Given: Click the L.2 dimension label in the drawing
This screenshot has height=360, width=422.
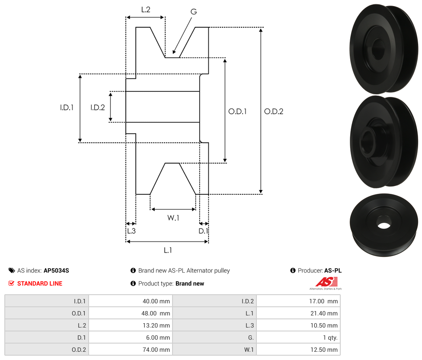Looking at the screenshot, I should tap(145, 9).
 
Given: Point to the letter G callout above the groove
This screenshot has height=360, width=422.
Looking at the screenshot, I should tap(194, 12).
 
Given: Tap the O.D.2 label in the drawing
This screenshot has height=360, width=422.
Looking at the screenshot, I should tap(274, 111).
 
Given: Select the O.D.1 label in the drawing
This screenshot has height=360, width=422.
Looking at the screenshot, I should tap(237, 111).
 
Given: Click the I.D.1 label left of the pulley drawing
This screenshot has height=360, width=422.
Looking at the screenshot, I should tap(67, 107).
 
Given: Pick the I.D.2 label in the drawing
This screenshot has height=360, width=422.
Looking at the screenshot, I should tap(98, 107).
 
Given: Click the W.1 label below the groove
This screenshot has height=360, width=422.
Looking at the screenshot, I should tap(173, 218).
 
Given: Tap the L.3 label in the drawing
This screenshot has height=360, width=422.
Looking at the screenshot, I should tap(131, 231).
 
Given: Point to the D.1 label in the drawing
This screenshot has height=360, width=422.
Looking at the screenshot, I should tap(203, 231).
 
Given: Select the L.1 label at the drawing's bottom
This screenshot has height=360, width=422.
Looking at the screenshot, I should tap(168, 250).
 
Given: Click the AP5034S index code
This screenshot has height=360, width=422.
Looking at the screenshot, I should tap(56, 270).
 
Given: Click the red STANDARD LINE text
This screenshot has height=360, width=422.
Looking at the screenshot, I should tap(40, 283).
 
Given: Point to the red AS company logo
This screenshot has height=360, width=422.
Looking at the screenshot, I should tap(326, 283).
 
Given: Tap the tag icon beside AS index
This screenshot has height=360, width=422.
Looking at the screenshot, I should tap(12, 270).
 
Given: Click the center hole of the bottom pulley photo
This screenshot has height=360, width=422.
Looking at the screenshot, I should tap(383, 225).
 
